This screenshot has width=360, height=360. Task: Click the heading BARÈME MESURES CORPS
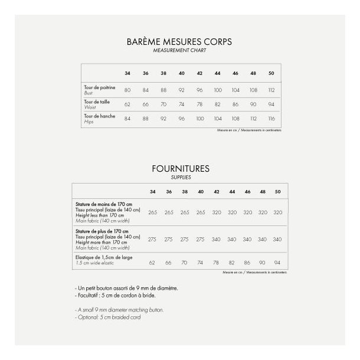coord(179,42)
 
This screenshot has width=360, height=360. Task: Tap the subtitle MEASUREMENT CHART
coord(179,51)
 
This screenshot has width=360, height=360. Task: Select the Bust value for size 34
coord(127,90)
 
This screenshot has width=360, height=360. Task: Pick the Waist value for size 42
coord(199,104)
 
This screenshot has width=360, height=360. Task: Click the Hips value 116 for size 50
coord(271,118)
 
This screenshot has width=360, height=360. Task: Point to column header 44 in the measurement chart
coord(217,73)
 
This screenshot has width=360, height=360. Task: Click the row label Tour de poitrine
coord(99,87)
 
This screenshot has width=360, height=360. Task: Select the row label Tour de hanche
coord(99,116)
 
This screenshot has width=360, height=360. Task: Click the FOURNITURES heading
coord(180,169)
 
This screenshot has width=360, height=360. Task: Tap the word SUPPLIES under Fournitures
coord(180,177)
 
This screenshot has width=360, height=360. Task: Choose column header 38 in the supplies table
coord(185,192)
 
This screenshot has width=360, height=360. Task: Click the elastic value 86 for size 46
coord(247,261)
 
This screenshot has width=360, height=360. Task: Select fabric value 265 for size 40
coord(201,212)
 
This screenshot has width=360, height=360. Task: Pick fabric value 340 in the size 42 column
coord(216,239)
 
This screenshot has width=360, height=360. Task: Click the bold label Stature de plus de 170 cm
coord(101,231)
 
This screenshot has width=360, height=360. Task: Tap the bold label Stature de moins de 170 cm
coord(103,204)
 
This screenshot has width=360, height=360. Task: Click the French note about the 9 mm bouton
coord(127,287)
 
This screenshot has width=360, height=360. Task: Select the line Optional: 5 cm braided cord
coord(108,317)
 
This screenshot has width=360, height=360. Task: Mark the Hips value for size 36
coord(145,118)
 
